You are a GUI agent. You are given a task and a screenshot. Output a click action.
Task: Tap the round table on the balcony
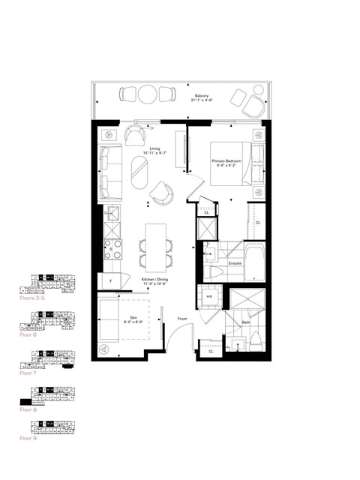(x=148, y=95)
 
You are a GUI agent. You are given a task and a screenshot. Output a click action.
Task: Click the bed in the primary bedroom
(x=236, y=162)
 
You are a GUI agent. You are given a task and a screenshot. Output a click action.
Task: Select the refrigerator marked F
(x=111, y=280)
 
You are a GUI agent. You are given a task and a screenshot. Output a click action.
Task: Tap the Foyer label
(x=182, y=319)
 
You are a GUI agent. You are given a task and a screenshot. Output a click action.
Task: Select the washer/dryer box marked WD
(x=209, y=296)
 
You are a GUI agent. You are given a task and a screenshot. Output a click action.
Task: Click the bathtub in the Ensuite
(x=253, y=264)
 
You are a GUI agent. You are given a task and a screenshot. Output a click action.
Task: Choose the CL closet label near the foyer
(x=211, y=350)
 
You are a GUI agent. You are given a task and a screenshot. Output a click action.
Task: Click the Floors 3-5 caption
(x=32, y=298)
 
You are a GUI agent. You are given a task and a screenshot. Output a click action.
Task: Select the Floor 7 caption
(x=27, y=373)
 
